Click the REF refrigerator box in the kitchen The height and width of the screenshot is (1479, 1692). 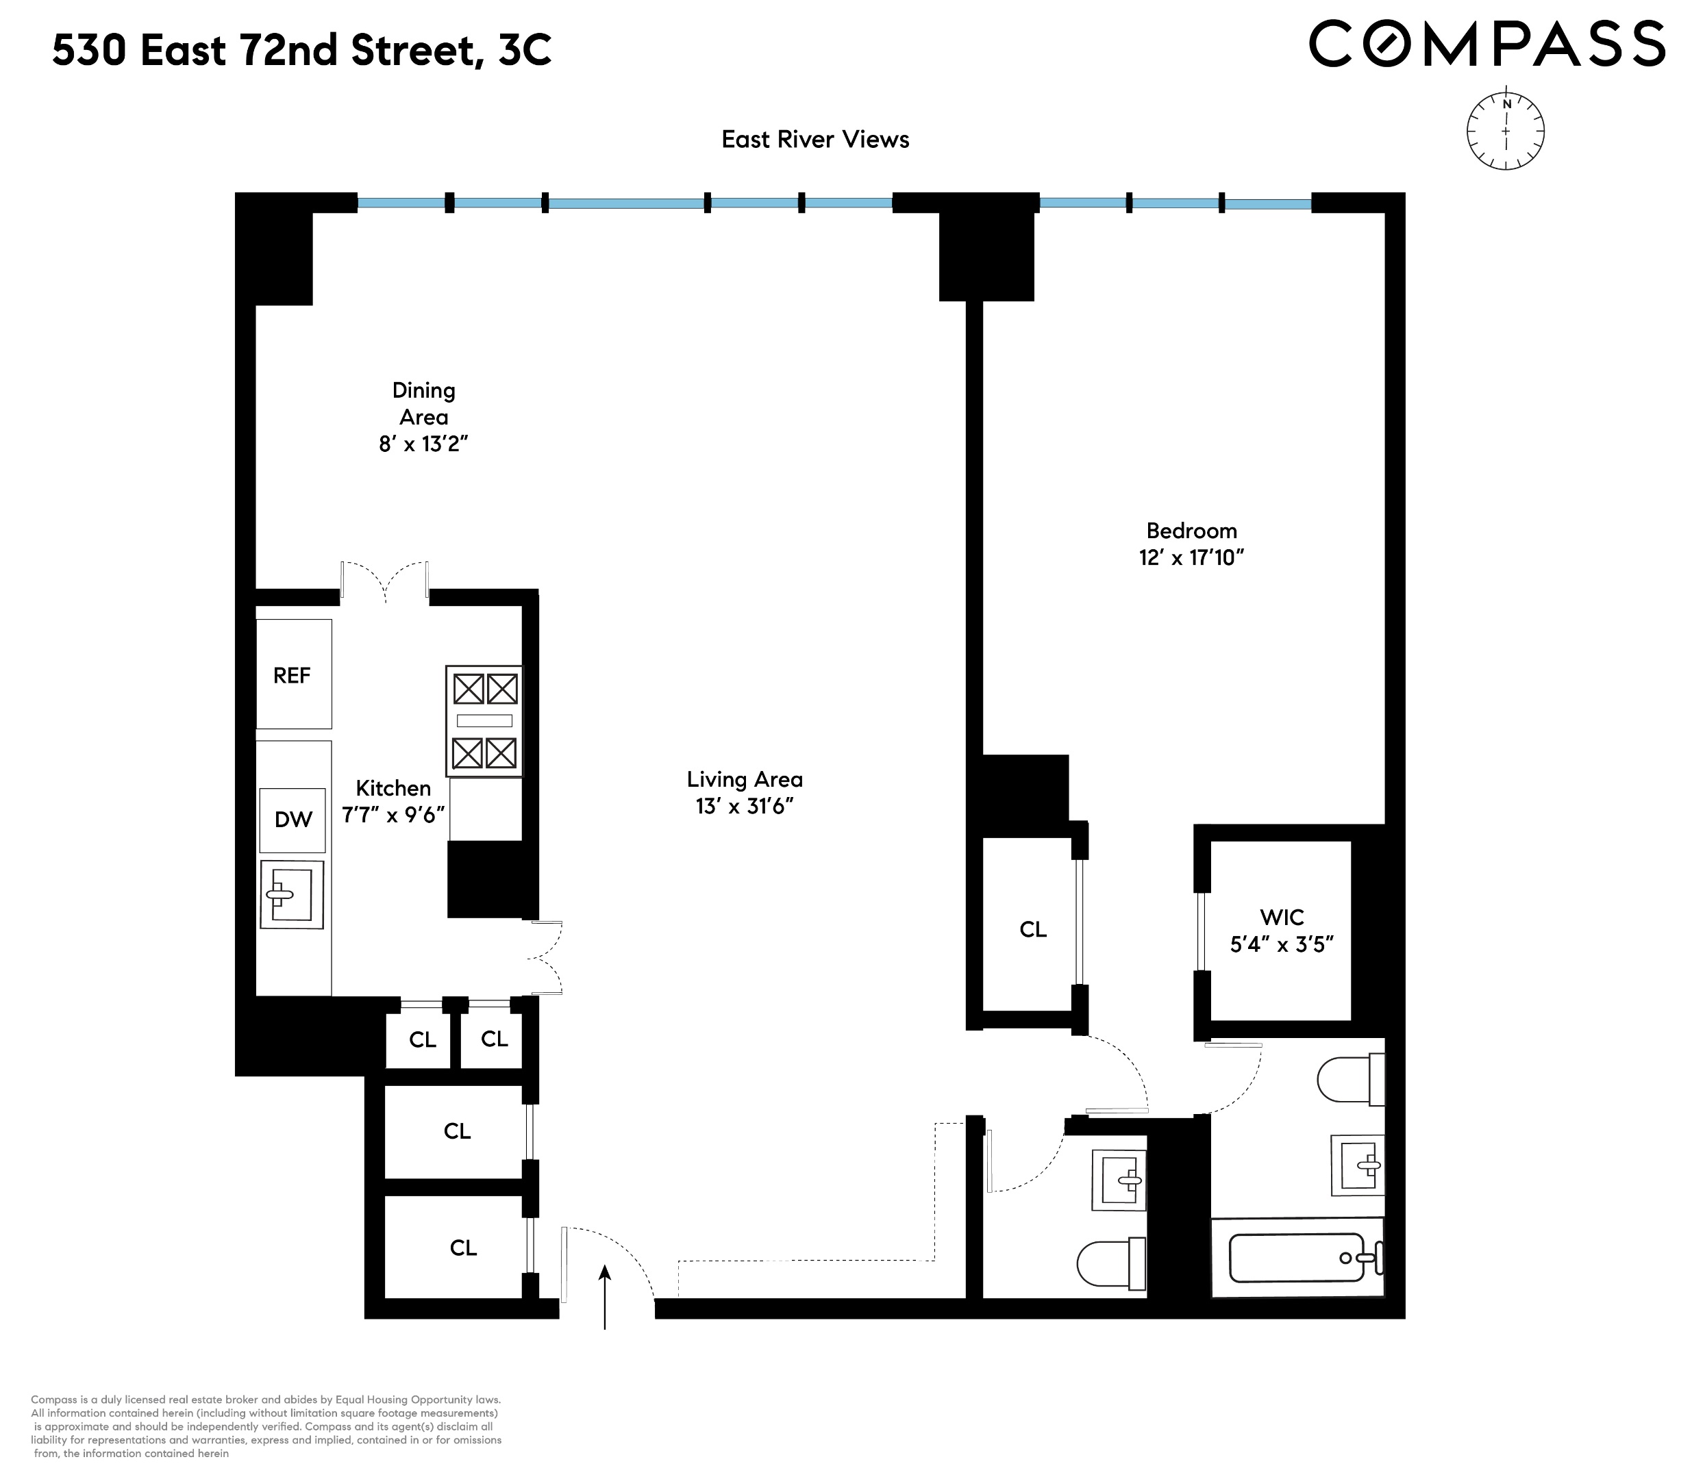tap(293, 674)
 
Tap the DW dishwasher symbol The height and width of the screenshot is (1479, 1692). tap(293, 820)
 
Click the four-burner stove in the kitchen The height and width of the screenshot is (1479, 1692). tap(484, 720)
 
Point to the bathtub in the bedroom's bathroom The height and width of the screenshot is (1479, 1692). tap(1297, 1258)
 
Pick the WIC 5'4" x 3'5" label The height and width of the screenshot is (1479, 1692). tap(1282, 931)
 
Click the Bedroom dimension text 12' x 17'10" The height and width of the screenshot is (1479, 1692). tap(1191, 558)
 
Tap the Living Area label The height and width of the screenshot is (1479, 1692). tap(744, 779)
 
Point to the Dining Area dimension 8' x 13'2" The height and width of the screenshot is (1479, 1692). tap(423, 444)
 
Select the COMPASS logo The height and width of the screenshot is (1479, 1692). tap(1486, 45)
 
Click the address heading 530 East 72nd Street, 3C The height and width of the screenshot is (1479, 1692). tap(301, 51)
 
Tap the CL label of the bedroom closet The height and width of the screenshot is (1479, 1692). tap(1032, 929)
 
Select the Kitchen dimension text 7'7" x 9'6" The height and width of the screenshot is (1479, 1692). tap(393, 815)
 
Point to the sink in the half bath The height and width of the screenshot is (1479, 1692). tap(1120, 1180)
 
